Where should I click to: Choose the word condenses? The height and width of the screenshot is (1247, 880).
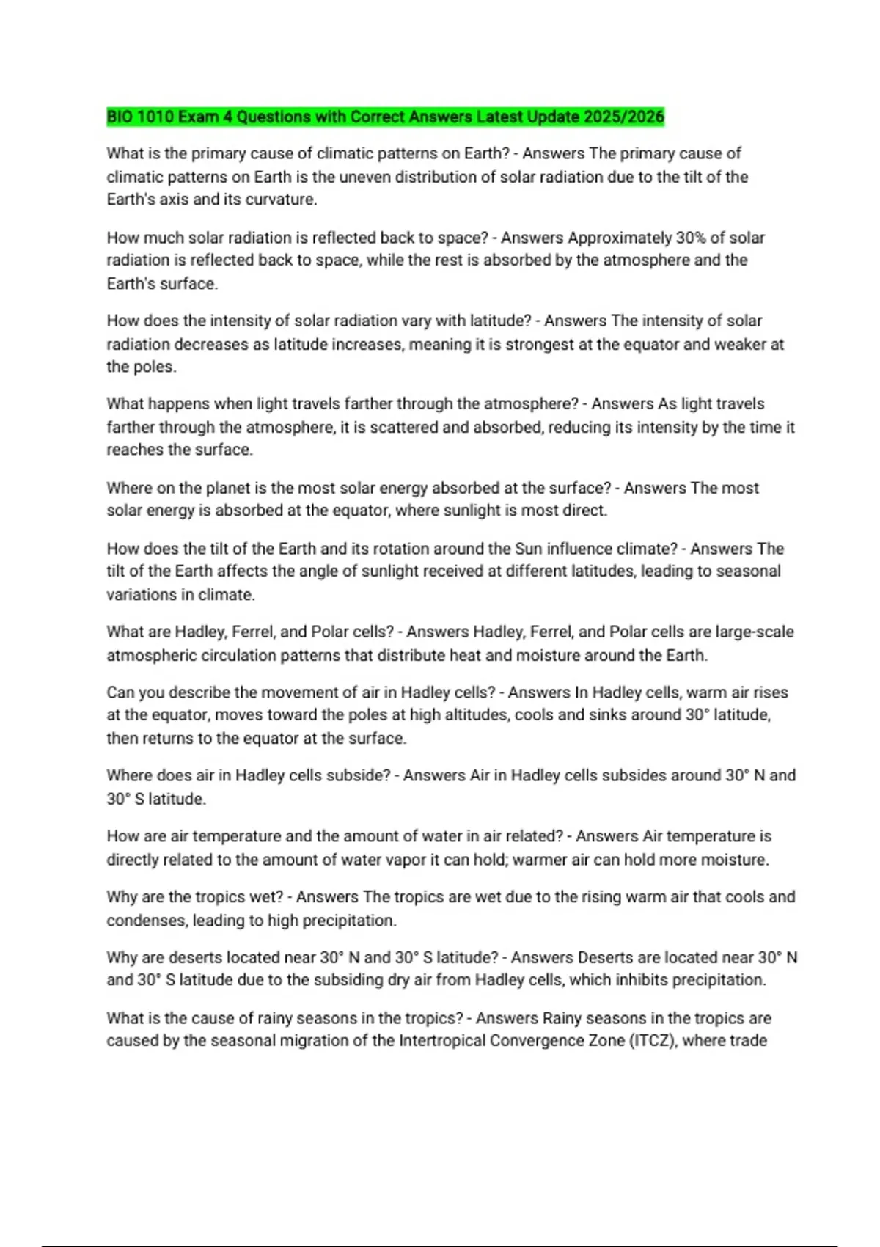pyautogui.click(x=147, y=921)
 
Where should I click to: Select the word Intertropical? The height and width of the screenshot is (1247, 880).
pyautogui.click(x=441, y=1041)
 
